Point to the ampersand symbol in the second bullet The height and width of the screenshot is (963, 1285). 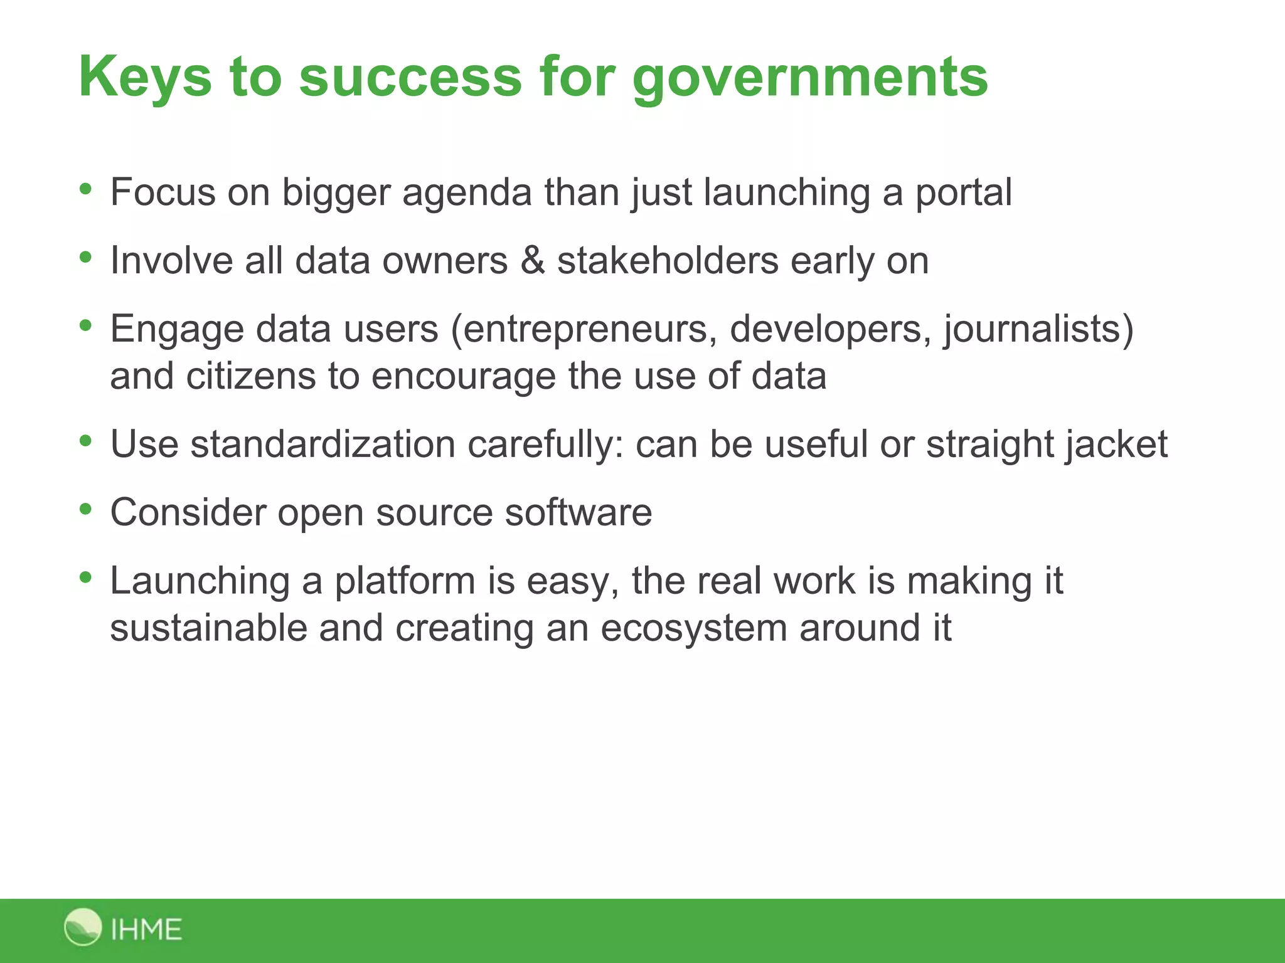[x=533, y=261]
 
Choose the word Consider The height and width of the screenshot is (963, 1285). [x=188, y=512]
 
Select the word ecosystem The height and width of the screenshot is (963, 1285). [x=693, y=628]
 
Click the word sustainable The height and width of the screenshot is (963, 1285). [x=208, y=628]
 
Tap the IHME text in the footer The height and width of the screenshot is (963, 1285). [x=146, y=929]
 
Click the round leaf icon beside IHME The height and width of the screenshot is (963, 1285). [x=83, y=927]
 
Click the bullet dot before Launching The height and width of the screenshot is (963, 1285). [x=86, y=577]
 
